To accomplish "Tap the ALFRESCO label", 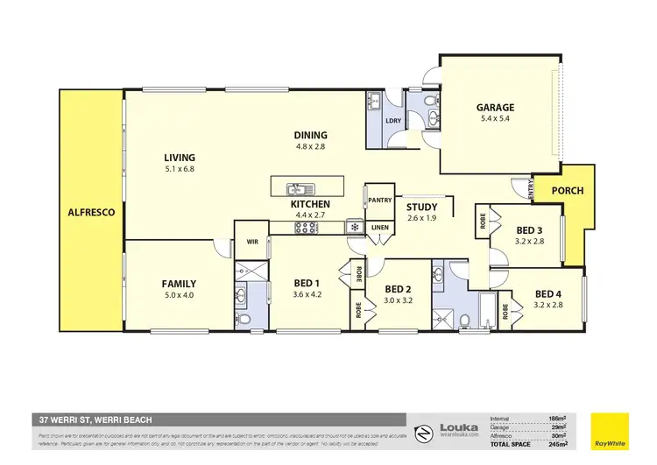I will pyautogui.click(x=91, y=212).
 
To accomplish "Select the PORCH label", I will pyautogui.click(x=566, y=191).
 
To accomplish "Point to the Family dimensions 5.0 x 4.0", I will pyautogui.click(x=179, y=295).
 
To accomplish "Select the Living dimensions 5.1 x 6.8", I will pyautogui.click(x=179, y=170).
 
